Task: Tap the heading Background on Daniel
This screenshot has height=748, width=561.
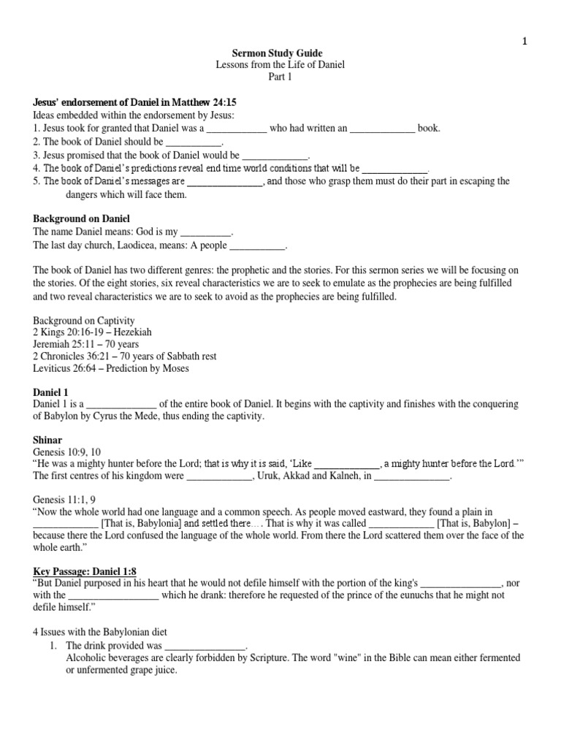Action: coord(81,218)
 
